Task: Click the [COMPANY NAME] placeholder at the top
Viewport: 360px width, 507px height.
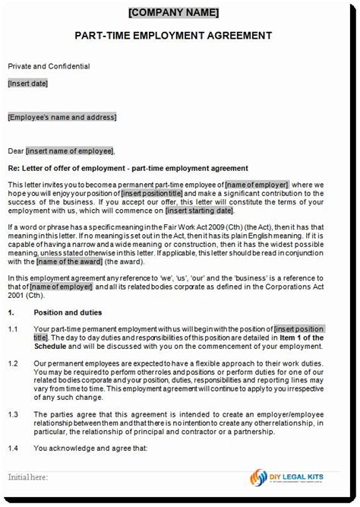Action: click(x=180, y=12)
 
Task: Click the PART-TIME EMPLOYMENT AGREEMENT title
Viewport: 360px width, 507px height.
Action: click(x=180, y=36)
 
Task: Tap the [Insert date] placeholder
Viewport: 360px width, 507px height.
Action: click(x=28, y=83)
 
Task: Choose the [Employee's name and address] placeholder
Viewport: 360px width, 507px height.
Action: click(x=62, y=117)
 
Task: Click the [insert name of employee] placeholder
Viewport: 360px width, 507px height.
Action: click(x=69, y=151)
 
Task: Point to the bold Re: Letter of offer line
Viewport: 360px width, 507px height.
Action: click(x=128, y=168)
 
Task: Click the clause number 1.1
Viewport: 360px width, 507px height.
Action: click(x=13, y=329)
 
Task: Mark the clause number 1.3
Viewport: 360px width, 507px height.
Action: click(x=13, y=414)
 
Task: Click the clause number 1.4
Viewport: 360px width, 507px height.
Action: click(x=13, y=448)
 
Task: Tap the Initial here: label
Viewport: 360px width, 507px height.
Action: click(x=29, y=477)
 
